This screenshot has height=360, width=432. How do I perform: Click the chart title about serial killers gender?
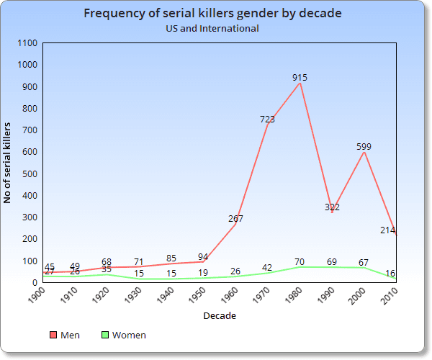point(212,14)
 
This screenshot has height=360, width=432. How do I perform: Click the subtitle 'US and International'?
point(212,29)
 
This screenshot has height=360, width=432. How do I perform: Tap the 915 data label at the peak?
point(300,77)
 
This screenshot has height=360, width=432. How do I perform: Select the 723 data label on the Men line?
point(267,119)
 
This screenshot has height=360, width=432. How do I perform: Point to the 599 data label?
point(364,146)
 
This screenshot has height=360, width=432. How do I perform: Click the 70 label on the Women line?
point(300,261)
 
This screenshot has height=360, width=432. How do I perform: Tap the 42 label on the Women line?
point(267,267)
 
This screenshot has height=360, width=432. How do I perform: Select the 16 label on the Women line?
point(389,273)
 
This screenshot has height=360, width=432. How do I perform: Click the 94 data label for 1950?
point(204,256)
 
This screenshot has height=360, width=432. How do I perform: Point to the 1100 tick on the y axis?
point(27,43)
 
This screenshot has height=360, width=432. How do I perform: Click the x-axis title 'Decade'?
point(219,316)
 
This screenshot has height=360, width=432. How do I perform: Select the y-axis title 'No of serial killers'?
point(8,163)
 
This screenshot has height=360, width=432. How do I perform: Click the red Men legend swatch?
point(53,336)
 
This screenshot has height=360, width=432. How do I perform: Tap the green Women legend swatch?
point(104,336)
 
